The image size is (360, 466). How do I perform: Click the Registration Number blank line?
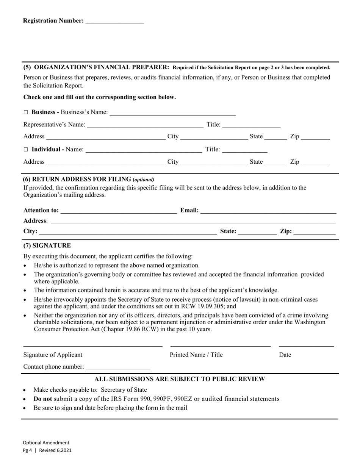click(114, 21)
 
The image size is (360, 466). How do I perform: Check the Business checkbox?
click(26, 113)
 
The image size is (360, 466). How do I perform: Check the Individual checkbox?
click(26, 150)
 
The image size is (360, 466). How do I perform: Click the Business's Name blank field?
click(172, 113)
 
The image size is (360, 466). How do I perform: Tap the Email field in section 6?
click(268, 211)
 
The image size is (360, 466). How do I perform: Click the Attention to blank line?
click(118, 211)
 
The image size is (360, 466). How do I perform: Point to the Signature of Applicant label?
click(53, 355)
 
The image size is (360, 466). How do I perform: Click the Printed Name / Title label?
click(196, 355)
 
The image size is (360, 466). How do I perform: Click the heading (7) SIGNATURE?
click(47, 246)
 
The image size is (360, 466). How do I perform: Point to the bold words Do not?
click(43, 399)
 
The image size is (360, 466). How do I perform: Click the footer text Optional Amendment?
click(46, 443)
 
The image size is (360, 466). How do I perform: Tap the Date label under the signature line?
click(285, 355)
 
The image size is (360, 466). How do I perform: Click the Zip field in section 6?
click(315, 231)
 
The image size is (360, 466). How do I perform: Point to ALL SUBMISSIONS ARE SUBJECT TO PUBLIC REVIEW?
click(180, 379)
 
